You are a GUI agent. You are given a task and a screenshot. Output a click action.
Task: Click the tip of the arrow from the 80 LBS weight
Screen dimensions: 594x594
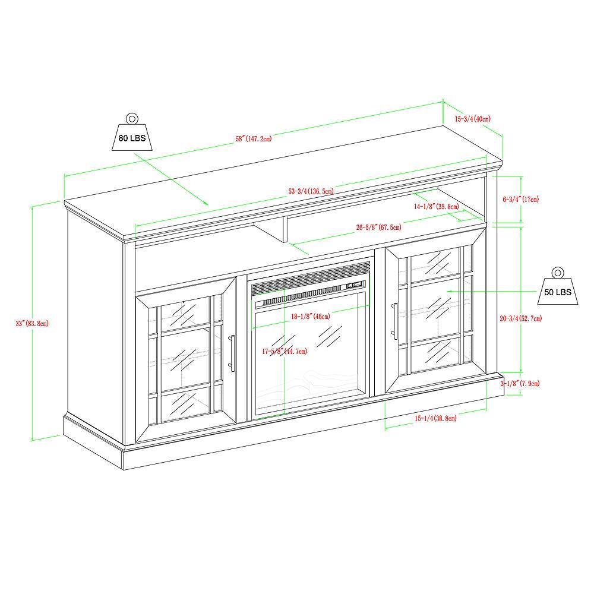coord(208,204)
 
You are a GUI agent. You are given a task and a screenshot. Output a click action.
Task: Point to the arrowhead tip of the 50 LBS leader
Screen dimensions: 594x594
coord(447,291)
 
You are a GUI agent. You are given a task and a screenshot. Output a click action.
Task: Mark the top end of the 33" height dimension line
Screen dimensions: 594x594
coord(33,207)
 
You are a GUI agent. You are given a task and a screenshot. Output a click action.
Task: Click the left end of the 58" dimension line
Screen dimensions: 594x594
coord(64,176)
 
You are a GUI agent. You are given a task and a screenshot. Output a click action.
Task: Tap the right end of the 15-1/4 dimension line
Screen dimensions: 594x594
coord(486,409)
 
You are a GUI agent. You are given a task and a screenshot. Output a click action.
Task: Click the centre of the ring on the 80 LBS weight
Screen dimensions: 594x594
coord(132,119)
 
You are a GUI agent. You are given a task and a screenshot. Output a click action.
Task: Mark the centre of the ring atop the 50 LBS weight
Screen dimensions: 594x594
coord(558,273)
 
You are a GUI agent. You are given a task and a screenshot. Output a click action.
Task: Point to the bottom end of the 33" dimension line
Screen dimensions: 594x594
coord(33,441)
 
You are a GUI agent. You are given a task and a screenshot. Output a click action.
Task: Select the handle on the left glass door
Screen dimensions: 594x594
coord(232,353)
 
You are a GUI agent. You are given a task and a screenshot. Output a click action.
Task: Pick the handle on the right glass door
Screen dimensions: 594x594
coord(395,321)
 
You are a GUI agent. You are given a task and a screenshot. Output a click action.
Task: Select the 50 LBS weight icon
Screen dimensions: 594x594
coord(558,286)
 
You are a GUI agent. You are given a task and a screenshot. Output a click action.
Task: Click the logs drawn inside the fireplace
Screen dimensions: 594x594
coord(307,380)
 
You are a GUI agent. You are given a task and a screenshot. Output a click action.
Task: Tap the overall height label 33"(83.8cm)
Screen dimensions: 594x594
coord(32,324)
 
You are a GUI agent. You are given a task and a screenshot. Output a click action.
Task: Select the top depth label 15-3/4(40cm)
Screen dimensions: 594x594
coord(472,119)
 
